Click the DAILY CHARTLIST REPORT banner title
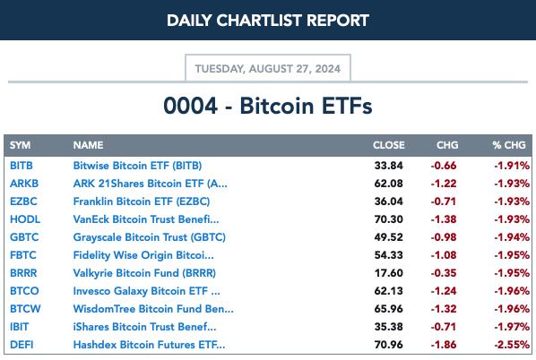(268, 21)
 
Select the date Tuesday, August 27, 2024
(268, 69)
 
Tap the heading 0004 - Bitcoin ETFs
(268, 106)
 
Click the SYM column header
(21, 145)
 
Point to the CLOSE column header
(389, 145)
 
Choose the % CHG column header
(509, 145)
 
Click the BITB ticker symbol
(22, 166)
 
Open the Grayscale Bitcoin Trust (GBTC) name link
(150, 237)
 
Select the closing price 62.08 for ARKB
(389, 184)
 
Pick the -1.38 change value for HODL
(444, 219)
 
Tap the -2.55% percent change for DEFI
(512, 345)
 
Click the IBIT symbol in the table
(19, 327)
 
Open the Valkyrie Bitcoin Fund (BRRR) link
(144, 273)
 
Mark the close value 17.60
(389, 273)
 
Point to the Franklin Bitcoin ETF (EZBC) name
(142, 201)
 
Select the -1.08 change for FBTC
(444, 255)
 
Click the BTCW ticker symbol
(25, 309)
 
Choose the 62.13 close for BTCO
(389, 291)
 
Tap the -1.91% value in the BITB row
(512, 166)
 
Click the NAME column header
(88, 145)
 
